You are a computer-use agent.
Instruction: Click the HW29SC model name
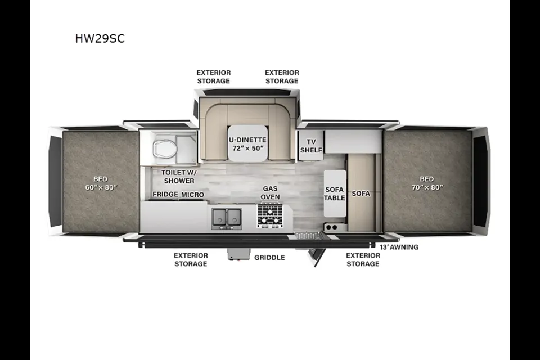pos(100,38)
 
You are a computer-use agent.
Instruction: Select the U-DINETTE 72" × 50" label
pos(247,144)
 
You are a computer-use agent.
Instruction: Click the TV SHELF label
pos(311,146)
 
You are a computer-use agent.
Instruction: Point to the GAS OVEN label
pos(270,192)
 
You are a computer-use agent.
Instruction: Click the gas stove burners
pos(271,215)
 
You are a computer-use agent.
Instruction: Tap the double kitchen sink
pos(227,218)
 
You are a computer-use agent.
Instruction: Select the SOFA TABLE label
pos(334,193)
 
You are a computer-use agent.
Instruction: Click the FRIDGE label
pos(165,194)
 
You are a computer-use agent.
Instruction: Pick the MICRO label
pos(192,194)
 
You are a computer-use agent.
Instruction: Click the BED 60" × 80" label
pos(101,183)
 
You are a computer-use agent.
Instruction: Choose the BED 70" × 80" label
pos(427,183)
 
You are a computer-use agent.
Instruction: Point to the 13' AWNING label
pos(399,247)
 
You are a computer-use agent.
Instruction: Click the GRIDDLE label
pos(269,257)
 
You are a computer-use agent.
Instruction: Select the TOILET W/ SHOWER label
pos(179,176)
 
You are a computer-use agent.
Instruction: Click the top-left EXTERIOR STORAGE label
pos(214,76)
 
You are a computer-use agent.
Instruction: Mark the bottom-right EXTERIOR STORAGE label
pos(363,259)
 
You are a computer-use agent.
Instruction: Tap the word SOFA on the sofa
pos(361,193)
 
